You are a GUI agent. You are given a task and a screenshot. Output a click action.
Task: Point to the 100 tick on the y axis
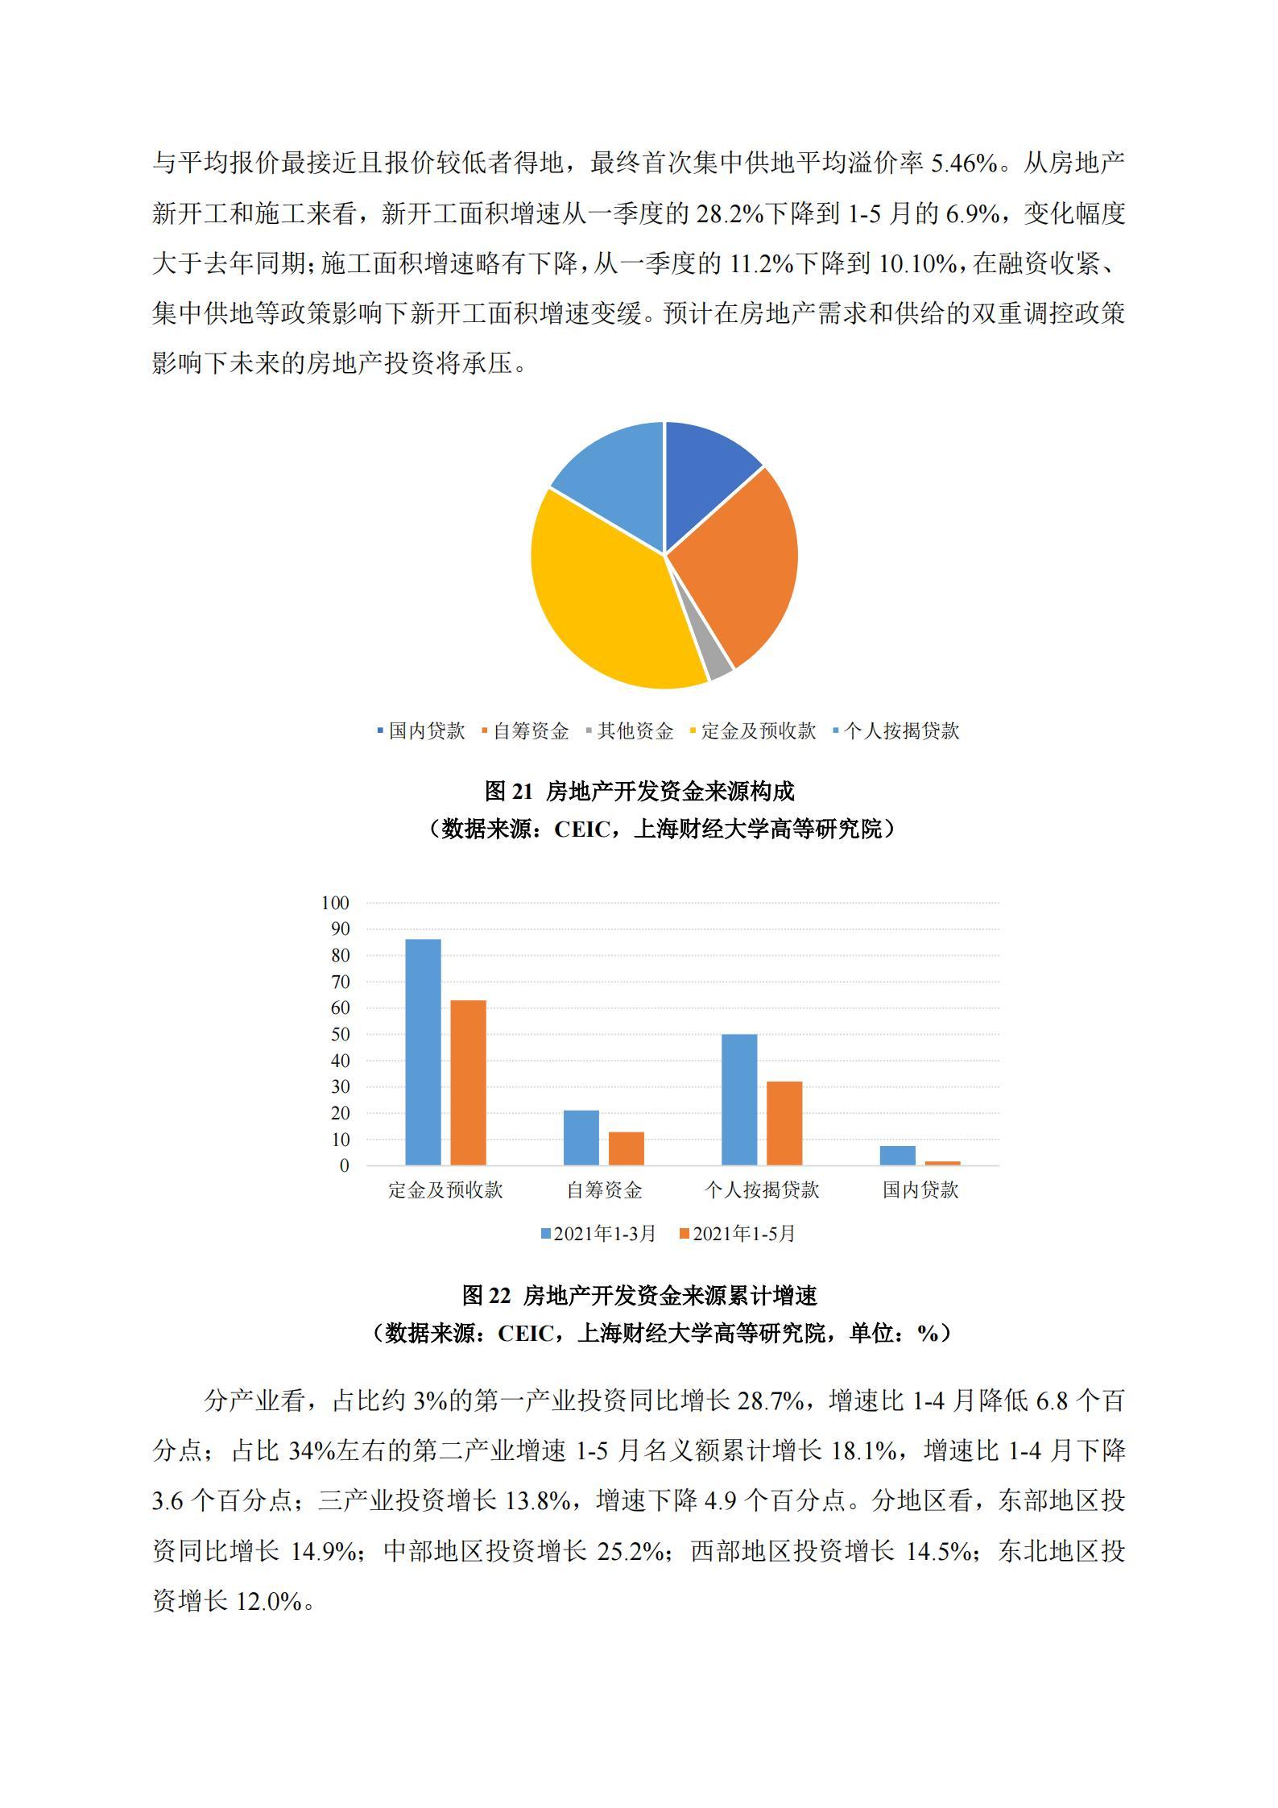pos(335,903)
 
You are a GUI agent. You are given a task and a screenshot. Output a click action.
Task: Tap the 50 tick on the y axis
pos(339,1034)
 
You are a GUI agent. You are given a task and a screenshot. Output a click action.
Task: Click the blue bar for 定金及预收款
pos(423,1052)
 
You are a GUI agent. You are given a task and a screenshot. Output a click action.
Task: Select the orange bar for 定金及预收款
pos(468,1082)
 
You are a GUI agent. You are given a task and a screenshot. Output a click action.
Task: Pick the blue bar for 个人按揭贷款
pos(739,1099)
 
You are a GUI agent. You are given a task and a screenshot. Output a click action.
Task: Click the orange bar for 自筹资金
pos(626,1148)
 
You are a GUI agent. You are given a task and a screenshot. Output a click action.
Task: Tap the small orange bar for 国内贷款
pos(942,1163)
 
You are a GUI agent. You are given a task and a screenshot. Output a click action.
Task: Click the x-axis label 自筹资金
pos(604,1190)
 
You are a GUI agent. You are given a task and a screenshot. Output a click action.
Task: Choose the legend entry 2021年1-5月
pos(737,1234)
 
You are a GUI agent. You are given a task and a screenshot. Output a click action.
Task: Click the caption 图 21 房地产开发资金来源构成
pos(639,792)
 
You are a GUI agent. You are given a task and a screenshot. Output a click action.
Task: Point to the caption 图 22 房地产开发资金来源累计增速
pos(639,1296)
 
